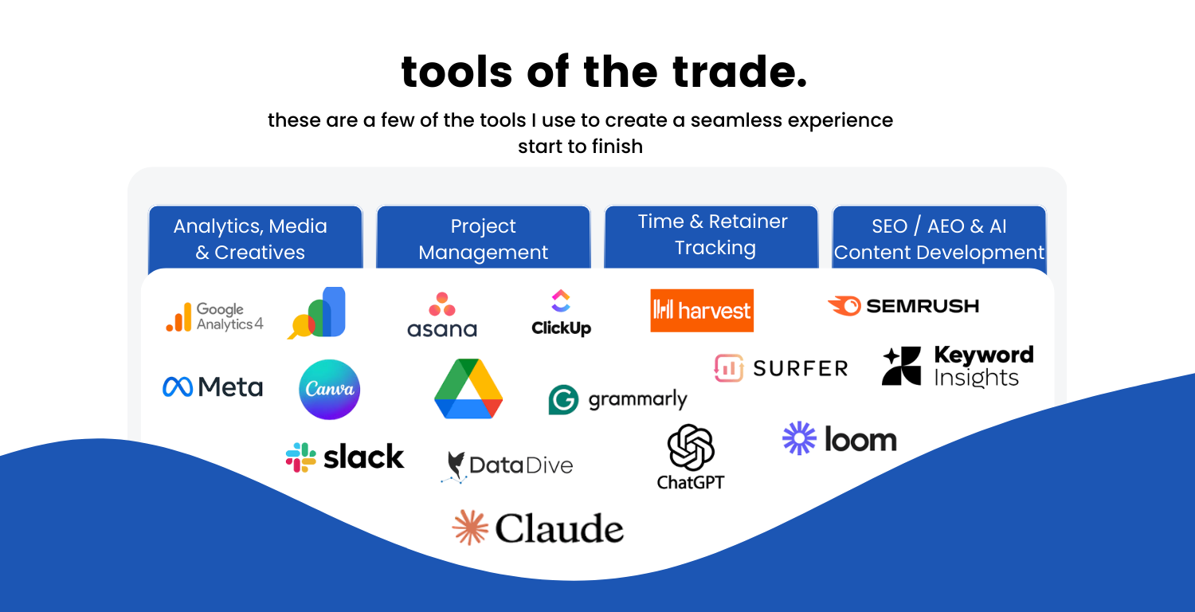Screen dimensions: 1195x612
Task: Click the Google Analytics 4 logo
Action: point(214,317)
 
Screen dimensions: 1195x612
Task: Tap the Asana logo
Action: point(442,315)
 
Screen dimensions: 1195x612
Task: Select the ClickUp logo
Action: point(561,312)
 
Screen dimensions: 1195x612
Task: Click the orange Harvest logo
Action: point(702,311)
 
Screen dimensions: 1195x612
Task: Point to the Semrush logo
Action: point(903,306)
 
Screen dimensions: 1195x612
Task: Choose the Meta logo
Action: point(213,386)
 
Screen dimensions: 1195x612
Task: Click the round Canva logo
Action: point(330,390)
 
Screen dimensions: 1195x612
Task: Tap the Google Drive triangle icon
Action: point(468,388)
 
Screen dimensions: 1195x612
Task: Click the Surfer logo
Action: point(781,368)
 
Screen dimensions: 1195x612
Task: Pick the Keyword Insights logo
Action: point(958,366)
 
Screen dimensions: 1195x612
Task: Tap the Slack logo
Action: point(345,457)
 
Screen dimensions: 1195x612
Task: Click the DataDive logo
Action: point(507,466)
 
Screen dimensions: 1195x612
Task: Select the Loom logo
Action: point(839,438)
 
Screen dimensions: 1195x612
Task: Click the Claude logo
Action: point(538,528)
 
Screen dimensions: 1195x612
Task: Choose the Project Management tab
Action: point(484,238)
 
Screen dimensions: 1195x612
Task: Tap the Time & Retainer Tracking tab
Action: point(711,237)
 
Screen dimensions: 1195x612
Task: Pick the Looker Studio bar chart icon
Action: point(317,312)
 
